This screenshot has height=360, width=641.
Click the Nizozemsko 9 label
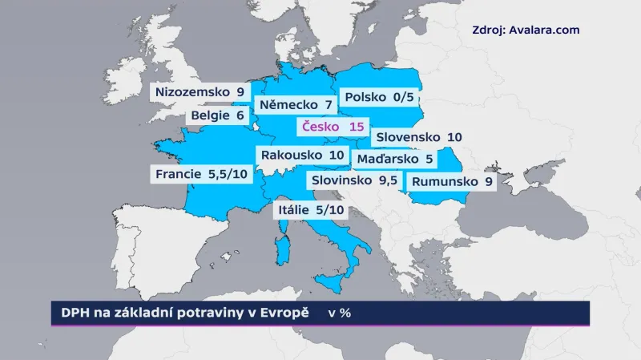(200, 91)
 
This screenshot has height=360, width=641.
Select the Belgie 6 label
(216, 115)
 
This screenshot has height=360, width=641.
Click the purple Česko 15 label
(333, 127)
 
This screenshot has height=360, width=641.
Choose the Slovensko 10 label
(417, 137)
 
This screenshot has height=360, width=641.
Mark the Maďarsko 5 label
(395, 159)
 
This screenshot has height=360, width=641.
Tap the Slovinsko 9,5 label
(355, 180)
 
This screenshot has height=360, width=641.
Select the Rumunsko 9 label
(451, 181)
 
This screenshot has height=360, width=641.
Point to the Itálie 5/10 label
(311, 211)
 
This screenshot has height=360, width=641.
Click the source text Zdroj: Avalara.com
(526, 30)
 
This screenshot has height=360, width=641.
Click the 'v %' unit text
(340, 313)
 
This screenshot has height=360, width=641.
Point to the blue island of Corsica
(282, 229)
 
